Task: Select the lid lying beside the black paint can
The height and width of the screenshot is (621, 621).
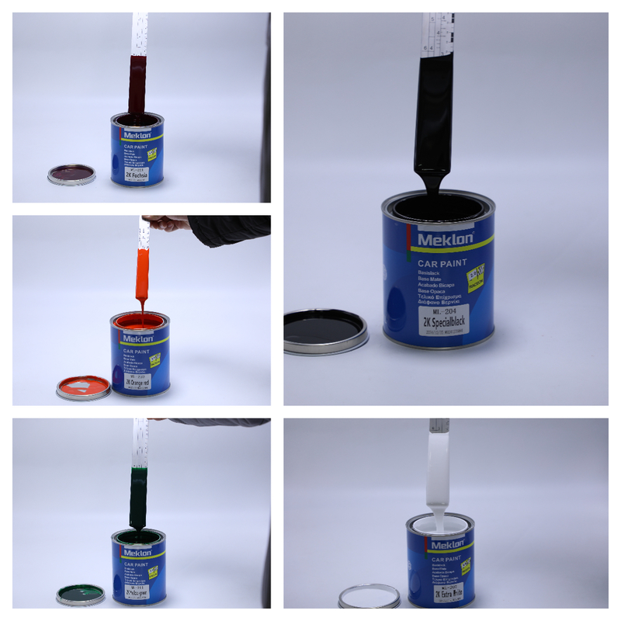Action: [325, 330]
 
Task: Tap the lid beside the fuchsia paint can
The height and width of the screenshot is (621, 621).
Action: [71, 174]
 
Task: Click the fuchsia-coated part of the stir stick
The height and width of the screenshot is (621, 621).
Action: [138, 85]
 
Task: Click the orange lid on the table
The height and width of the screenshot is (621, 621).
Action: [83, 385]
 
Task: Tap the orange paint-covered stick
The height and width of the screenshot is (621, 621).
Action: [143, 272]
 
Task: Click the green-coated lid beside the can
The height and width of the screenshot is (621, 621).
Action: [81, 595]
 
